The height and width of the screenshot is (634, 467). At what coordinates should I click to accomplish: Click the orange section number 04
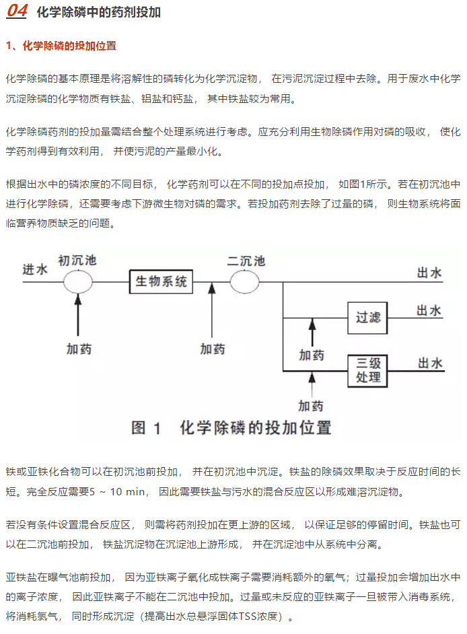pos(17,11)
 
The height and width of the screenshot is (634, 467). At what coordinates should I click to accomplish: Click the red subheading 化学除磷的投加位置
pos(69,46)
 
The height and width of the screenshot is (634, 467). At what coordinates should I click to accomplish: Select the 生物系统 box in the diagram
pos(161,281)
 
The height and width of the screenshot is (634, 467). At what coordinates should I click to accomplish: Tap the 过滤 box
pos(367,318)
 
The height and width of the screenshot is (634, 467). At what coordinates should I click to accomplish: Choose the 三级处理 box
pos(367,371)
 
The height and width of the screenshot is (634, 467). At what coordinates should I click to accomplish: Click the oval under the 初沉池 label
pos(77,281)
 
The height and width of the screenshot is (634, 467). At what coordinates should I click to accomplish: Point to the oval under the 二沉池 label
pos(245,281)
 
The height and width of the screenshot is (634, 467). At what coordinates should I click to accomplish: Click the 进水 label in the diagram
pos(35,269)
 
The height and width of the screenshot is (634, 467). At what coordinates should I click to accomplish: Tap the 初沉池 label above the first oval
pos(77,260)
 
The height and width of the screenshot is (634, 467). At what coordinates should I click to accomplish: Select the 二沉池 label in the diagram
pos(246,260)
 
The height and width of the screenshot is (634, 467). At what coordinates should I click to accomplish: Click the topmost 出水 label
pos(429,273)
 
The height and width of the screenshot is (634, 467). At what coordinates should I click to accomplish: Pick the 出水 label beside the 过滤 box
pos(429,310)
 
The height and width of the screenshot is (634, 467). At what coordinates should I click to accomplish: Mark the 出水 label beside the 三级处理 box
pos(430,363)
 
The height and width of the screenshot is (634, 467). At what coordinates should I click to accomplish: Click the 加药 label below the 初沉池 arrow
pos(79,349)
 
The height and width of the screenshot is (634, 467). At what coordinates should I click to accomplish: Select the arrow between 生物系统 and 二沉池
pos(212,310)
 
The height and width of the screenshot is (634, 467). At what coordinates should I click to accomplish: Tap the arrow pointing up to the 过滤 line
pos(312,332)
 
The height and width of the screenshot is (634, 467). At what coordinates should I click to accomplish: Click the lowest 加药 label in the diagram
pos(311,406)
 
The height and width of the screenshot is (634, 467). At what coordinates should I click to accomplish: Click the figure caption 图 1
pos(146,428)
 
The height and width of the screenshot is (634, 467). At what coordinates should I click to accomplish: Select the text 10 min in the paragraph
pos(127,492)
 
